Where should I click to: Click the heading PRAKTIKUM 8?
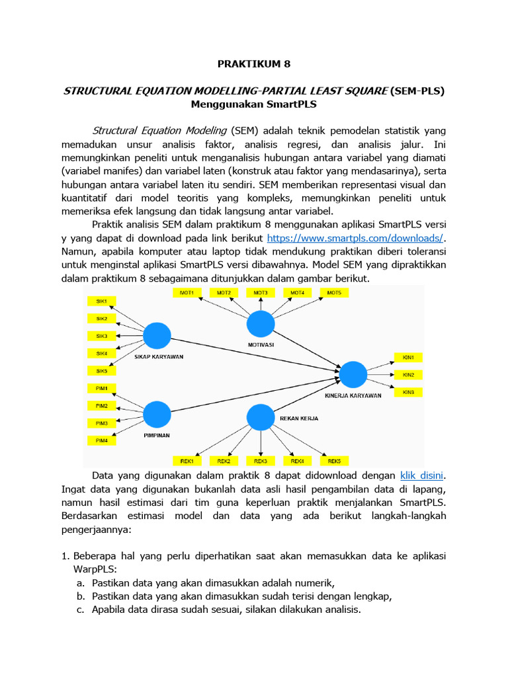click(254, 64)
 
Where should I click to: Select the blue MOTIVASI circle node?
click(261, 324)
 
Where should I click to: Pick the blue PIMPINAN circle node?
click(157, 415)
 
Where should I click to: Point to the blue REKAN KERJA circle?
click(260, 418)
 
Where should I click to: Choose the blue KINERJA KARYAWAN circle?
click(353, 374)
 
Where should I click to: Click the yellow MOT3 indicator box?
click(261, 292)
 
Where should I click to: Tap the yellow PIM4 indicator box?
click(102, 440)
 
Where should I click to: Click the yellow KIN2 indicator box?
click(408, 375)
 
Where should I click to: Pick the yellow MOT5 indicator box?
click(334, 292)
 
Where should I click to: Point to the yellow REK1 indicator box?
click(187, 460)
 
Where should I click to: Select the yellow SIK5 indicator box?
click(102, 371)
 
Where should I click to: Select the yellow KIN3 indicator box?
click(408, 392)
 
